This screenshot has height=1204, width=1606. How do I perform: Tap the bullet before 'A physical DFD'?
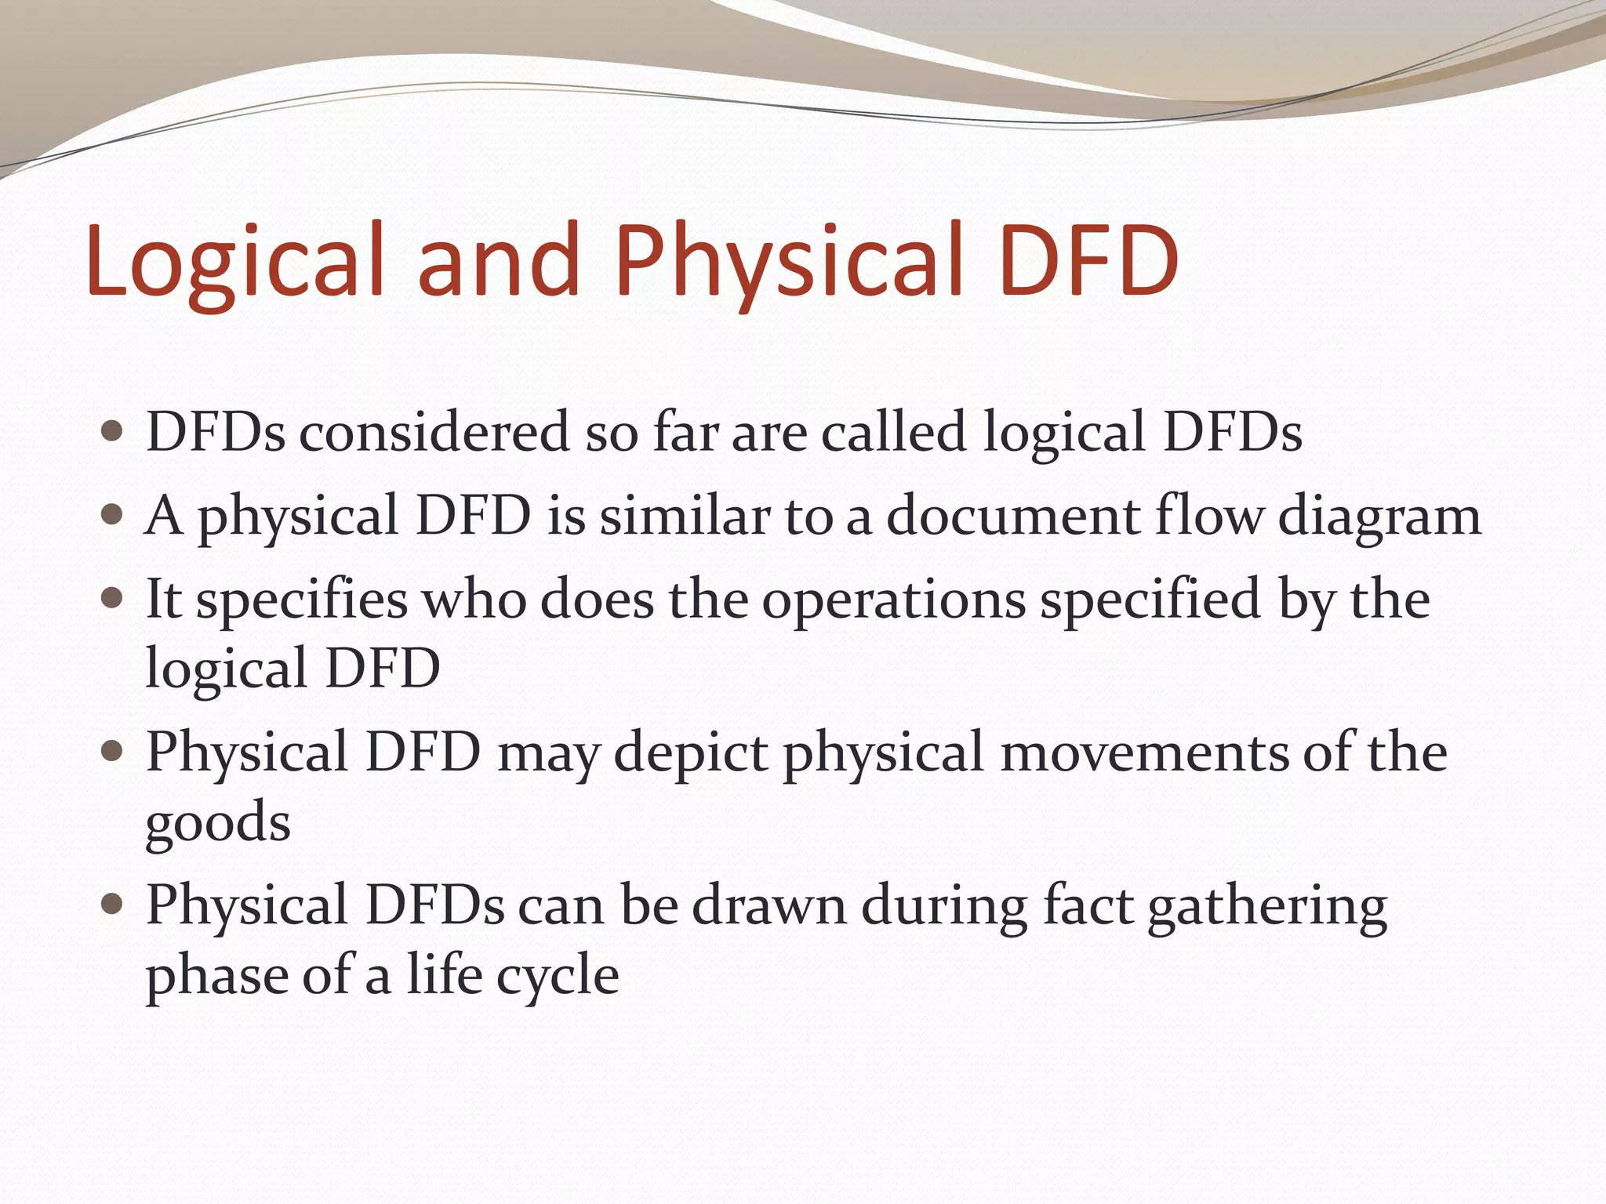tap(113, 514)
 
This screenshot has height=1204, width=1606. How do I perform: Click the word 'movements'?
tap(1145, 752)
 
